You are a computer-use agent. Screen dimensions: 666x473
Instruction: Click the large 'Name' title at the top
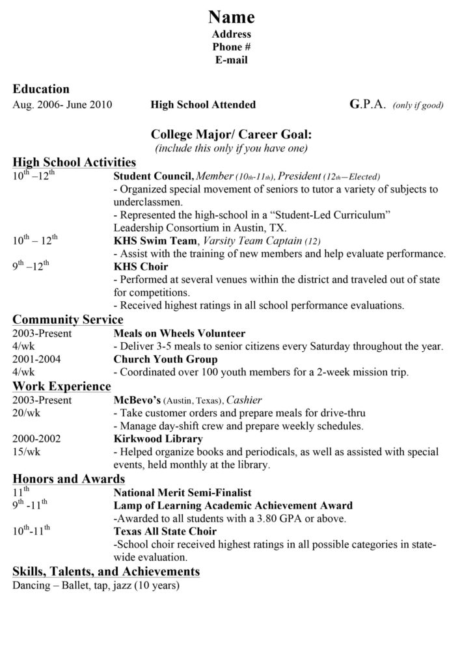(231, 16)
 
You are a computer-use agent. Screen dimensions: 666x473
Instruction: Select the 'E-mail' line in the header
(231, 60)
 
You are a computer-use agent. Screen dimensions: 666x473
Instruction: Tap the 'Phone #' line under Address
(231, 47)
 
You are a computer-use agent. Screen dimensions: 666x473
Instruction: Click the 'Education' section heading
(41, 89)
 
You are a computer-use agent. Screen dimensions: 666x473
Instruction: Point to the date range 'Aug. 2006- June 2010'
(62, 105)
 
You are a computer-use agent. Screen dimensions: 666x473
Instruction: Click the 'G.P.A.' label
(368, 104)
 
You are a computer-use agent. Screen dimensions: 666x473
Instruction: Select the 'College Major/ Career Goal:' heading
(231, 135)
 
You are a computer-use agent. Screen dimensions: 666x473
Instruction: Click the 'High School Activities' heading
(74, 162)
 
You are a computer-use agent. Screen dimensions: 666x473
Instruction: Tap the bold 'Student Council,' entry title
(154, 176)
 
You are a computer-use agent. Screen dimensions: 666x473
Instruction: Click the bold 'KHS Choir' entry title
(141, 267)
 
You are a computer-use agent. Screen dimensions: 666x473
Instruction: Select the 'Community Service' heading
(68, 319)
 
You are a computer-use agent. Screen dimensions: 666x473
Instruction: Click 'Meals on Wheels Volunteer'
(179, 333)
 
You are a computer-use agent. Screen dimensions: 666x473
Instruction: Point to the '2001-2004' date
(33, 359)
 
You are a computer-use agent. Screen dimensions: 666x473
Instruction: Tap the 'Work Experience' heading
(62, 386)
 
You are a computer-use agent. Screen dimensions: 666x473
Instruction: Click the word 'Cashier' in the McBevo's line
(244, 400)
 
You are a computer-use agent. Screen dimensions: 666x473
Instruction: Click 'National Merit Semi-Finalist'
(182, 492)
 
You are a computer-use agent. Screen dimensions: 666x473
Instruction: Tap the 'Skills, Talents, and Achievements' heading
(106, 571)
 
